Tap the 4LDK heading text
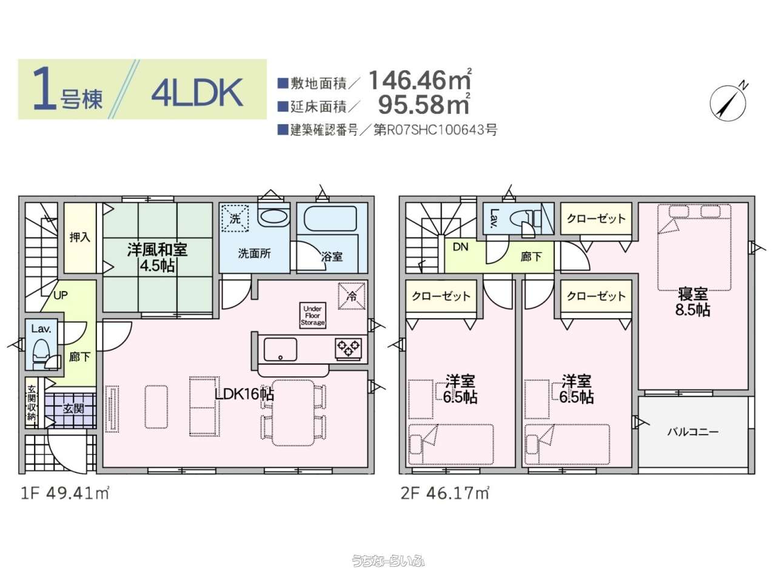tap(197, 92)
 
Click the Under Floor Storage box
tap(312, 316)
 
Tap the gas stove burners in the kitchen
tap(348, 349)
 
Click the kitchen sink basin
tap(280, 349)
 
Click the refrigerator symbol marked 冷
tap(352, 296)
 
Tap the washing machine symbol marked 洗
tap(235, 219)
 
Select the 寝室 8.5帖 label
tap(692, 302)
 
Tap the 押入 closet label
tap(80, 237)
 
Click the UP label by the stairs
tap(61, 295)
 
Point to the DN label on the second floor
tap(460, 247)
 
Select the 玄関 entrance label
tap(73, 409)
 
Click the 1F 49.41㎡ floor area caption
tap(65, 493)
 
